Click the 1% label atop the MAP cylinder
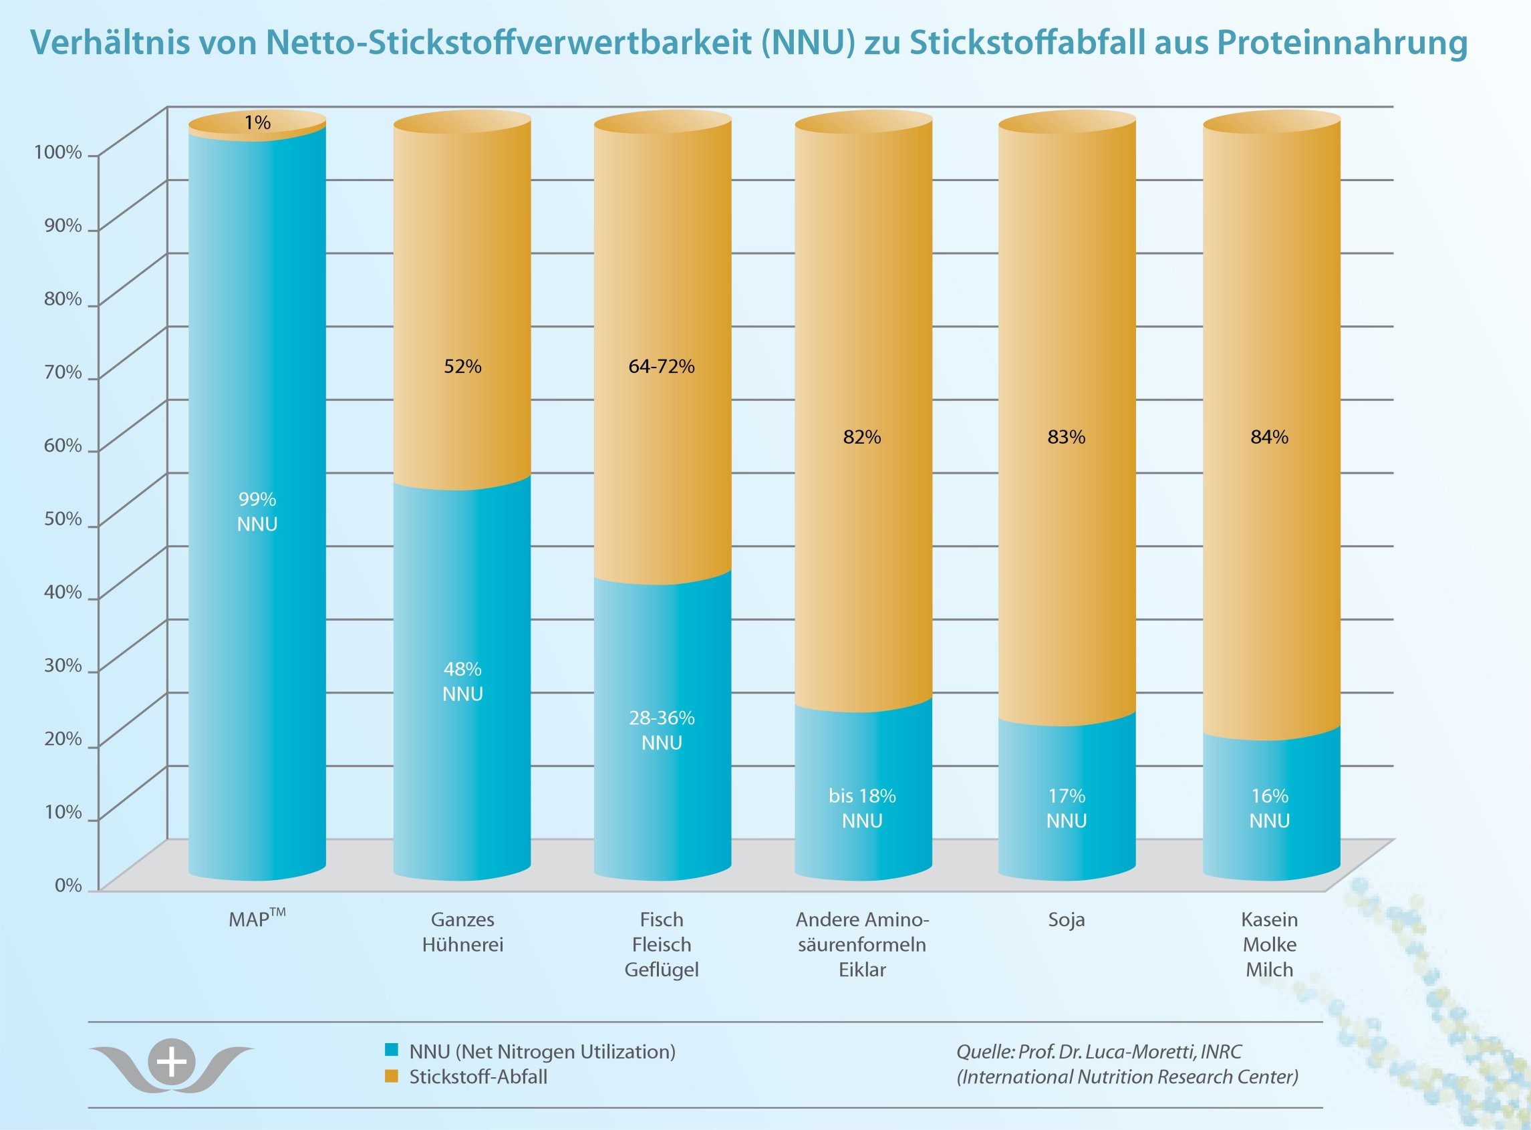coord(257,122)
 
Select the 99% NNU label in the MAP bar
coord(257,512)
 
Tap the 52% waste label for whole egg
coord(462,367)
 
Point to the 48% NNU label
coord(462,682)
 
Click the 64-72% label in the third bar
coord(662,367)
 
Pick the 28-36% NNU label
coord(662,730)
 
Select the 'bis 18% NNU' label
coord(862,808)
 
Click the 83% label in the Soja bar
coord(1066,437)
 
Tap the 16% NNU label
coord(1270,808)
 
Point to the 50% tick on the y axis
coord(63,519)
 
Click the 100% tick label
coord(58,152)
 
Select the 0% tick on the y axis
coord(67,885)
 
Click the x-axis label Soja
coord(1066,920)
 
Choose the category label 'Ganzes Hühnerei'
coord(462,932)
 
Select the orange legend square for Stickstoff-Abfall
coord(392,1076)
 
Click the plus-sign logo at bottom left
coord(172,1063)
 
